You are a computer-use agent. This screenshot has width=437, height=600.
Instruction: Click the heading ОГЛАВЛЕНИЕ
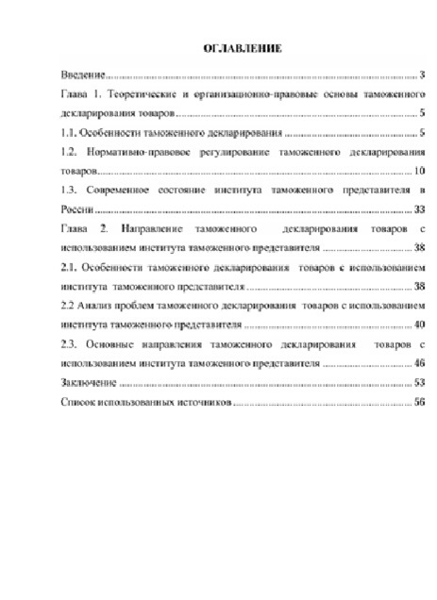[x=242, y=48]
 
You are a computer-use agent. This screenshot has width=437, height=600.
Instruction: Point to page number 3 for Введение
[x=425, y=75]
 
